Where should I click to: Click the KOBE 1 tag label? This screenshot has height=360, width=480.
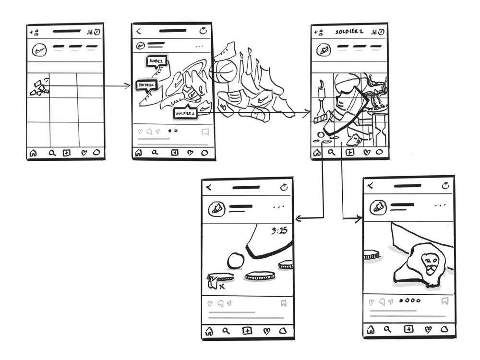click(x=156, y=61)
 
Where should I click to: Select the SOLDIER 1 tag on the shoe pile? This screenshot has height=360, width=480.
click(x=186, y=113)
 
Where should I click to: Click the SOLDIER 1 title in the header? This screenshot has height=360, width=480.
click(x=349, y=32)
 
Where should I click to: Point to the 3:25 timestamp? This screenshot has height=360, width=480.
click(x=279, y=231)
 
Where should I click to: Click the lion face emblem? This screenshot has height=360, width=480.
click(x=430, y=263)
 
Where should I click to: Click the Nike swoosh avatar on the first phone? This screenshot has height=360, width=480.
click(x=39, y=49)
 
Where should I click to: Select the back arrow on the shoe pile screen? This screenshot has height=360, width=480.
click(x=139, y=31)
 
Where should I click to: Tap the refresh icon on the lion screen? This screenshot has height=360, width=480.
click(x=445, y=185)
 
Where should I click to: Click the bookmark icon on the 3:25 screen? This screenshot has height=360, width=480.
click(x=283, y=303)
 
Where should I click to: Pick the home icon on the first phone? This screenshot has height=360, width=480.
click(x=33, y=154)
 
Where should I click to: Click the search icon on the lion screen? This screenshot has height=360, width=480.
click(x=387, y=330)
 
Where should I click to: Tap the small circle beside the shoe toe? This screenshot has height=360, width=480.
click(x=236, y=261)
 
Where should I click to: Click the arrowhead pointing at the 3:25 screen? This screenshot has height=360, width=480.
click(x=298, y=219)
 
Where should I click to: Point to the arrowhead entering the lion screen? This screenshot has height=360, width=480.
click(x=359, y=219)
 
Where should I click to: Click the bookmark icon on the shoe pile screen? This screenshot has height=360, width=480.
click(x=205, y=131)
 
